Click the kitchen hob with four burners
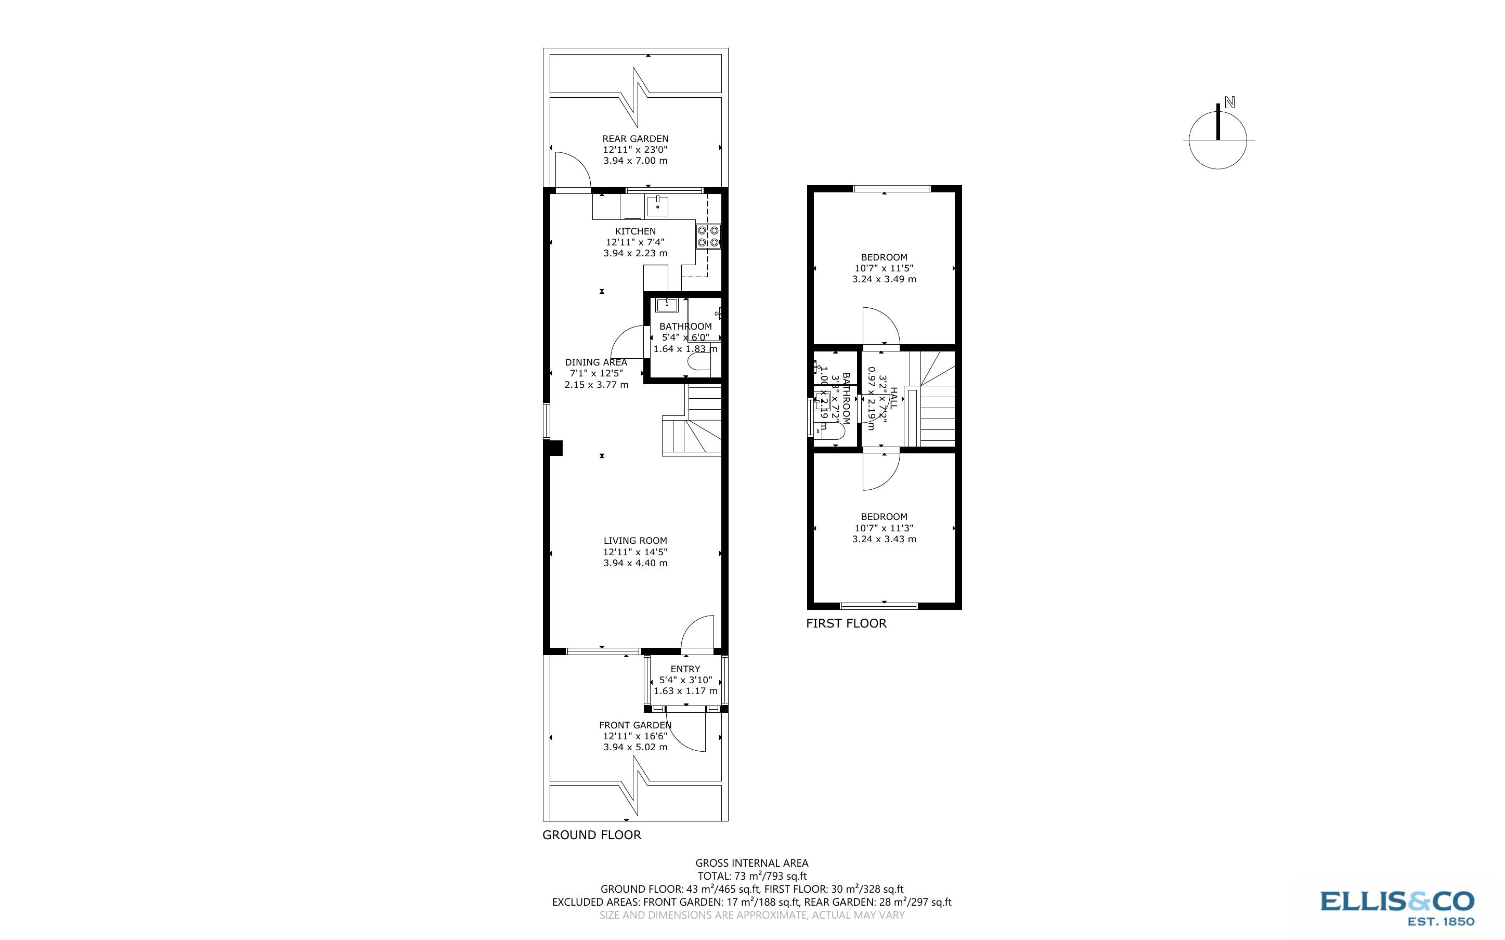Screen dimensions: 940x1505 pos(708,236)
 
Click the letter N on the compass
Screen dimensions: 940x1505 pos(1229,103)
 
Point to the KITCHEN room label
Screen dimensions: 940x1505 pos(635,231)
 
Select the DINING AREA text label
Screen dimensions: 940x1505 pos(595,362)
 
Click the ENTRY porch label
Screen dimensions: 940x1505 pos(685,669)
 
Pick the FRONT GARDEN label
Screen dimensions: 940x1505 pos(634,725)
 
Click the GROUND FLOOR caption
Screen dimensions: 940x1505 pos(592,835)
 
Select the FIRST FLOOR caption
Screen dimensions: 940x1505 pos(846,623)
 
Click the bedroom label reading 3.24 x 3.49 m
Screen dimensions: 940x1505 pos(884,279)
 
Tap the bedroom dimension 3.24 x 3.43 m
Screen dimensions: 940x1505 pos(884,539)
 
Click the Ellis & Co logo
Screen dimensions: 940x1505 pos(1396,907)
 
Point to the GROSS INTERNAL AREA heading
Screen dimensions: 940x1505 pos(751,863)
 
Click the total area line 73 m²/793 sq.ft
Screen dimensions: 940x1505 pos(751,877)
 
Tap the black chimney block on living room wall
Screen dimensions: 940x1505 pos(554,448)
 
